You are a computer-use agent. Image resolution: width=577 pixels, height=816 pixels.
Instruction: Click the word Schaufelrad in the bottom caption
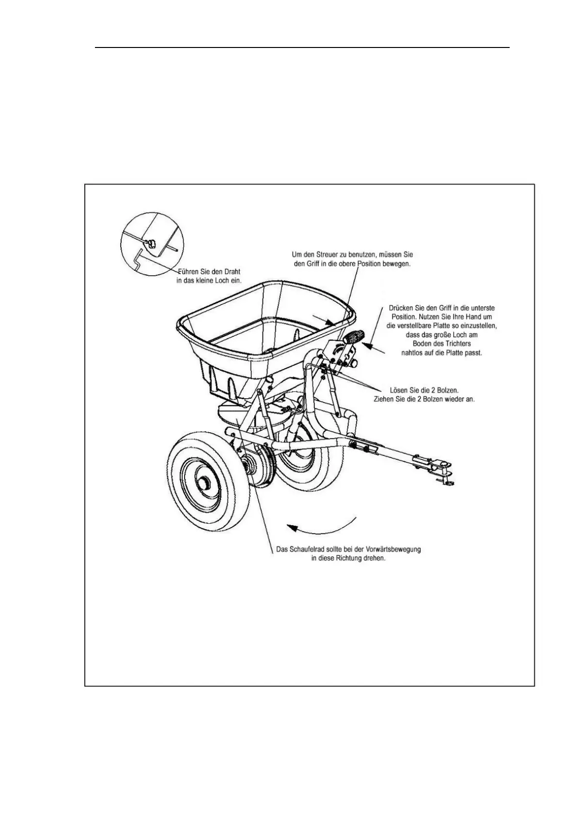305,549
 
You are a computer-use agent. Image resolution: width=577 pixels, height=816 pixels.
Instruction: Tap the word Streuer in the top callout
328,254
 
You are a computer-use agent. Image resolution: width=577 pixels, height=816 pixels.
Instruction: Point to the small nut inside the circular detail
151,243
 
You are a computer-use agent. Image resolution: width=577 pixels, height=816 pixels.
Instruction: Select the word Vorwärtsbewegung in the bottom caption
393,549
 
